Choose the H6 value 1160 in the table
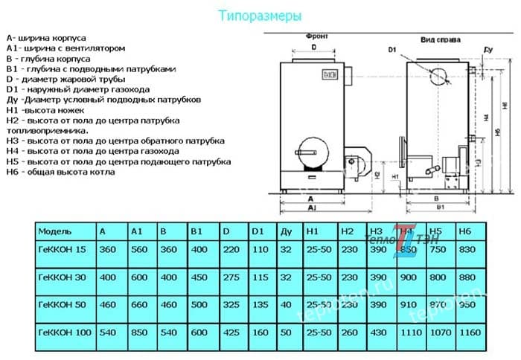pos(471,332)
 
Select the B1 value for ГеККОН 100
pos(199,332)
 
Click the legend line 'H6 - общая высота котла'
pos(60,172)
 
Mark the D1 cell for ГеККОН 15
pos(259,250)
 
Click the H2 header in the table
pos(347,231)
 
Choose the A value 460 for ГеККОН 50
pos(108,304)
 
